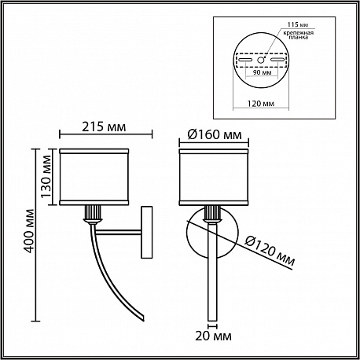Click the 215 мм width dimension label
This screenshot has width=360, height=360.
[x=104, y=127]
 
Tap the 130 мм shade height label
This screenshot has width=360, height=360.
[x=46, y=177]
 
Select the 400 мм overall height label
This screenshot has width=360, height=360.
[x=29, y=231]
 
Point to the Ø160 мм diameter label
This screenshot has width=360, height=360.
[x=215, y=134]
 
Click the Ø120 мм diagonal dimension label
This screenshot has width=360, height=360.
[x=270, y=251]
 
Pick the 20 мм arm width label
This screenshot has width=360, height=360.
[x=213, y=336]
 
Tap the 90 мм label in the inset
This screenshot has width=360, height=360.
[x=262, y=72]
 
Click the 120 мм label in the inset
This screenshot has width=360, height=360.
[x=261, y=104]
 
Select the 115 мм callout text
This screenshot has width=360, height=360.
[x=297, y=25]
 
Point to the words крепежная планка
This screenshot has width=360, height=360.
[x=299, y=35]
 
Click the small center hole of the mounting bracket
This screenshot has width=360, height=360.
[x=260, y=60]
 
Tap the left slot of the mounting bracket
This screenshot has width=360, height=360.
[x=245, y=60]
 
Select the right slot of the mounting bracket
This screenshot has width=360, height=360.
[x=277, y=60]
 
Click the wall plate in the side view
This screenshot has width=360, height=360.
[x=147, y=232]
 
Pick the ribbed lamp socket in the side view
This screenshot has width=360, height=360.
[x=92, y=213]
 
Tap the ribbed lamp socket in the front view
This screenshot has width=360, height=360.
[x=212, y=213]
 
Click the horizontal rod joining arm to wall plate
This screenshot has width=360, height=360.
[x=118, y=233]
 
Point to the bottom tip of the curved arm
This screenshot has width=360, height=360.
[x=143, y=318]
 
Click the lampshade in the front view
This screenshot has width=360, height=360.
[x=214, y=177]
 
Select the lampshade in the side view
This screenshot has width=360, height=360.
[x=94, y=177]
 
